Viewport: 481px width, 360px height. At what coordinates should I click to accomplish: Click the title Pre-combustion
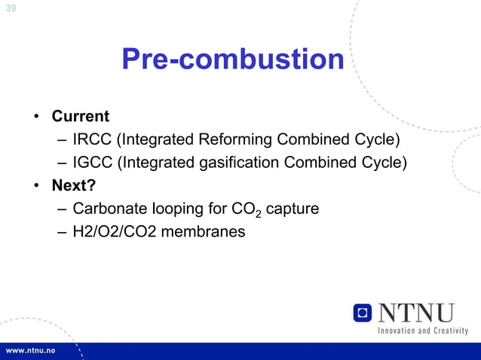(x=233, y=60)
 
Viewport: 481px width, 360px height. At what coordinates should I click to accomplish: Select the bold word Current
(x=80, y=117)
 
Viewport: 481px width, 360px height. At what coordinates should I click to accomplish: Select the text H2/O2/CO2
(x=109, y=231)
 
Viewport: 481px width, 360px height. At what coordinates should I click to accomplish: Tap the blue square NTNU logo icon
(x=363, y=313)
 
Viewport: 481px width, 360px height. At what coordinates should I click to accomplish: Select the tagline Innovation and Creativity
(x=422, y=331)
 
